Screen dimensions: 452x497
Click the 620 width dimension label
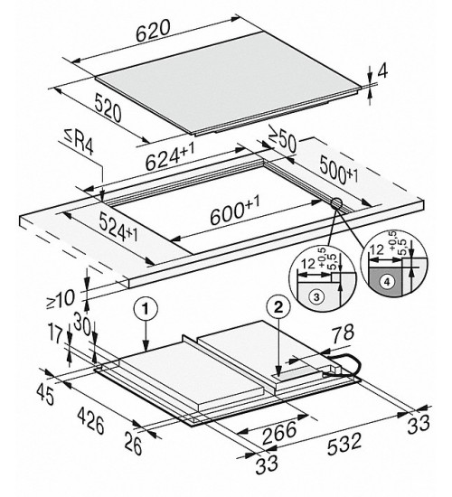click(x=153, y=31)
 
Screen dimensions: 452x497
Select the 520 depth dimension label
click(x=108, y=108)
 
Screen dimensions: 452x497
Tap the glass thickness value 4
click(x=383, y=71)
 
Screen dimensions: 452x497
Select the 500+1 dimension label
click(x=338, y=170)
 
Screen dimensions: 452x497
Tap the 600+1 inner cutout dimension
click(x=235, y=210)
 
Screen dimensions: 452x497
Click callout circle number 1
click(x=146, y=309)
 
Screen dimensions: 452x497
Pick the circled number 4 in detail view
click(x=386, y=281)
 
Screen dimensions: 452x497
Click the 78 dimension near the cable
click(x=343, y=333)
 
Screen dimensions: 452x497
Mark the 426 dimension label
click(x=90, y=420)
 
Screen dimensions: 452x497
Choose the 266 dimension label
click(x=279, y=432)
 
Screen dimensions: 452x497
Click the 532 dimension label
click(x=344, y=444)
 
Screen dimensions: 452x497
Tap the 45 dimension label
click(x=46, y=394)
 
